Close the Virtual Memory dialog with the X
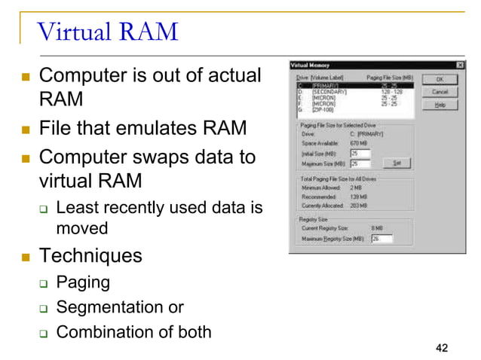(x=460, y=66)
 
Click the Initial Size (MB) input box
(x=360, y=154)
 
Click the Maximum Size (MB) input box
(x=360, y=163)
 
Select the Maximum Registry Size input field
(x=381, y=239)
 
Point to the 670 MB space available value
(x=359, y=142)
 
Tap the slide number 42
(x=442, y=347)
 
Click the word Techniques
(x=90, y=255)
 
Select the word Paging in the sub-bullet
(x=83, y=282)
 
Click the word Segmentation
(x=110, y=307)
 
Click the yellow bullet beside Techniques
(x=26, y=256)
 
